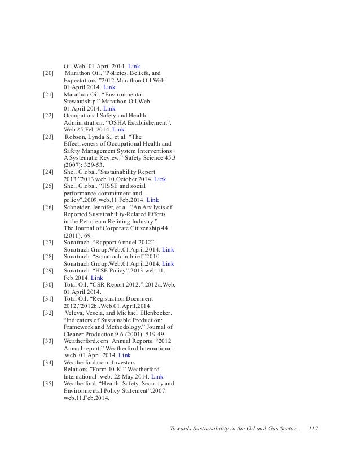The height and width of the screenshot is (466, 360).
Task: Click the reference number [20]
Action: [48, 73]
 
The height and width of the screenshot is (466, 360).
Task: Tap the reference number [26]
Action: [48, 208]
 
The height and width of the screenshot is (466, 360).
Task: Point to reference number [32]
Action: [48, 312]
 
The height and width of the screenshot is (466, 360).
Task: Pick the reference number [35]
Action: [48, 383]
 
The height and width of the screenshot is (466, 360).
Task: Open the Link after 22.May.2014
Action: [157, 376]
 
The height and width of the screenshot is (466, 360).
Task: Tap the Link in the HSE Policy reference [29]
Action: [96, 278]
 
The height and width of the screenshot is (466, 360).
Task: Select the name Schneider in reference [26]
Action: [80, 208]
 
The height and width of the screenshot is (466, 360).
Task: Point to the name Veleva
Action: [76, 312]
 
